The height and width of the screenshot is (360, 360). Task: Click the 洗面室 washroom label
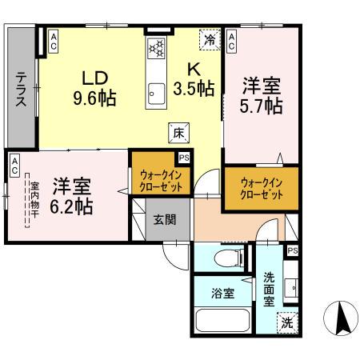coord(270,289)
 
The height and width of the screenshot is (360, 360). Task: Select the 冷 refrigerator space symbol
coord(209,38)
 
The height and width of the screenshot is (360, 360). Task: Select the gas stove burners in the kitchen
coord(155,47)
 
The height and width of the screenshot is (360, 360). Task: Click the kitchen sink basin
coord(155,93)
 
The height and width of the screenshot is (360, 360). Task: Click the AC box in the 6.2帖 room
coord(14,165)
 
